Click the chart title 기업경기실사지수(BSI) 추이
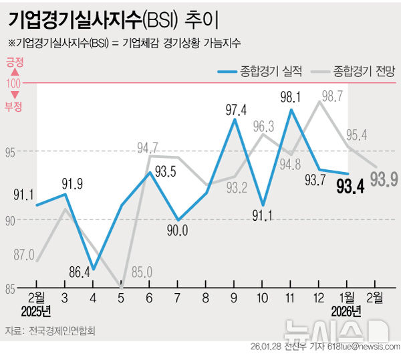(114, 19)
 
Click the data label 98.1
(290, 96)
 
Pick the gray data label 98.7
(332, 96)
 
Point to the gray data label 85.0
(141, 272)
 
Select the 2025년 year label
(36, 310)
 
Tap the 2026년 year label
(346, 310)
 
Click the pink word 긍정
(14, 62)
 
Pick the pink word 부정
(14, 106)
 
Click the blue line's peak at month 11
(291, 109)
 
